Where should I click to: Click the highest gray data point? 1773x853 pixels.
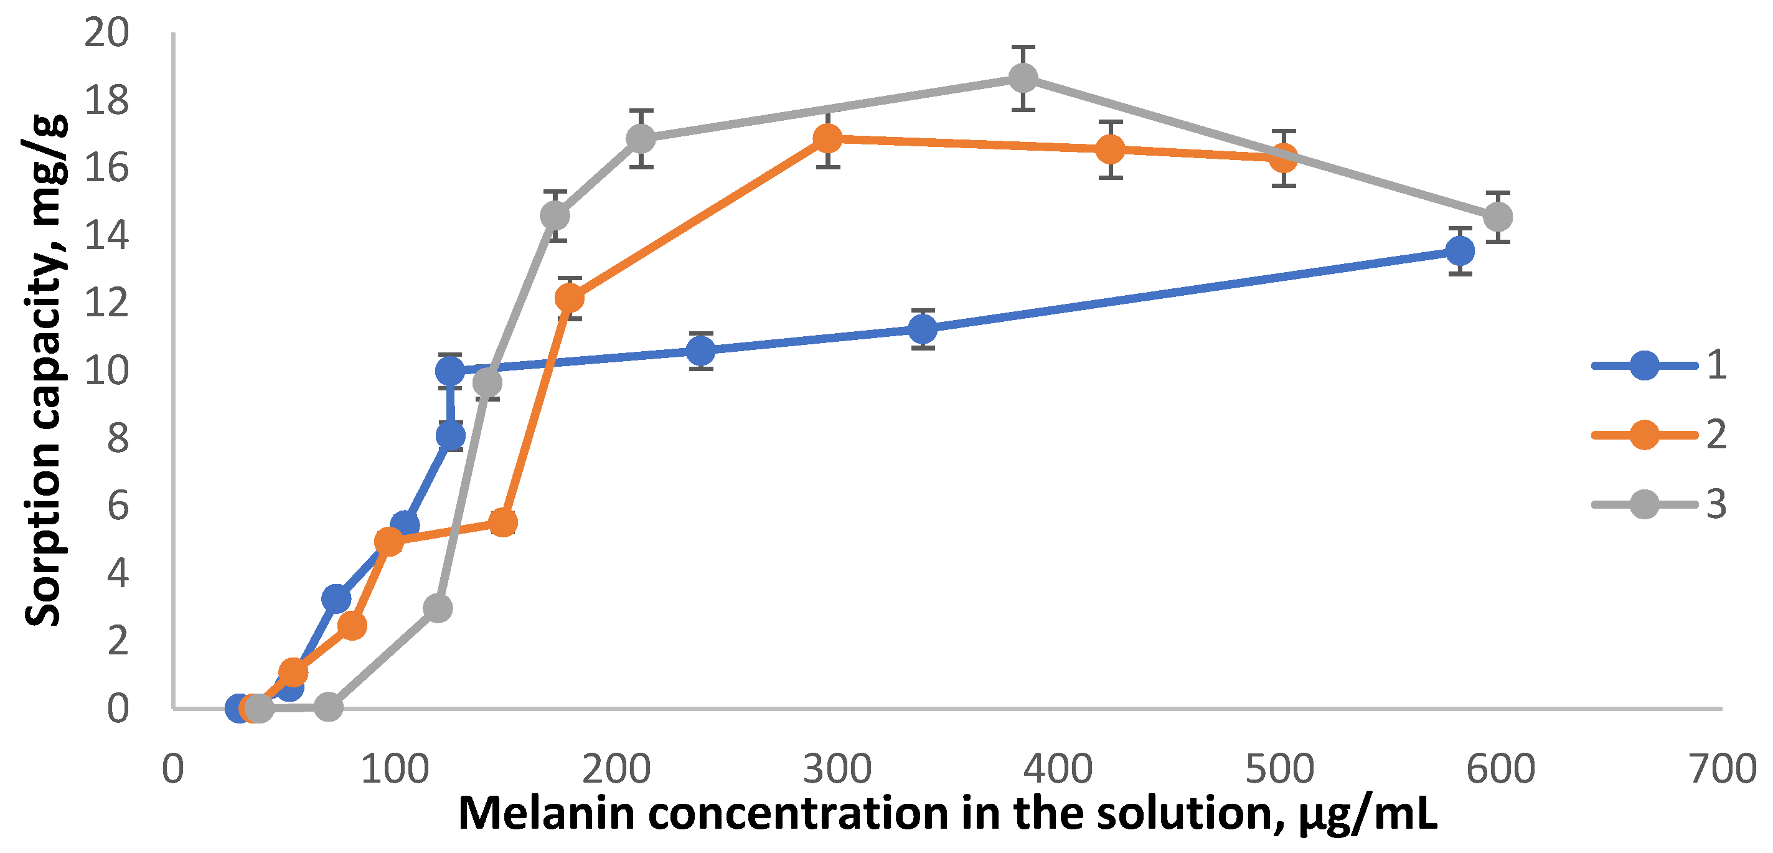(x=1023, y=78)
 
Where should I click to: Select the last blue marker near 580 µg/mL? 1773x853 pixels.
(x=1460, y=250)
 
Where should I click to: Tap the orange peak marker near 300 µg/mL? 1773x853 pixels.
(x=827, y=138)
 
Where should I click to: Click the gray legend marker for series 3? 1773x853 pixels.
(x=1645, y=505)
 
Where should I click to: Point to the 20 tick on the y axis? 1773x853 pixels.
(x=106, y=32)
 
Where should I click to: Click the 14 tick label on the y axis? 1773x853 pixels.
(x=106, y=235)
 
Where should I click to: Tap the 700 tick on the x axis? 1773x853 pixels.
(x=1723, y=769)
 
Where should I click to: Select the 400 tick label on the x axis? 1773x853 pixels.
(x=1058, y=769)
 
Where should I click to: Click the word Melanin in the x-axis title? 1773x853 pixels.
(x=547, y=814)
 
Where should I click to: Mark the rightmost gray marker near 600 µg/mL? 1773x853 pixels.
(x=1498, y=217)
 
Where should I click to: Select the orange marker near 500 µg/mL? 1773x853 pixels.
(x=1284, y=158)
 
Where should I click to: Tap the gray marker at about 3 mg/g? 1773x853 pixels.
(x=438, y=608)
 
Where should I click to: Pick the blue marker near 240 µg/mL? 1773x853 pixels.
(x=700, y=352)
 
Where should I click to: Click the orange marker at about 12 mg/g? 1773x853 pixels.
(x=569, y=298)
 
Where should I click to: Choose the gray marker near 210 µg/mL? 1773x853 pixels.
(x=641, y=138)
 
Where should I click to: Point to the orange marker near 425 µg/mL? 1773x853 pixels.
(x=1110, y=149)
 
